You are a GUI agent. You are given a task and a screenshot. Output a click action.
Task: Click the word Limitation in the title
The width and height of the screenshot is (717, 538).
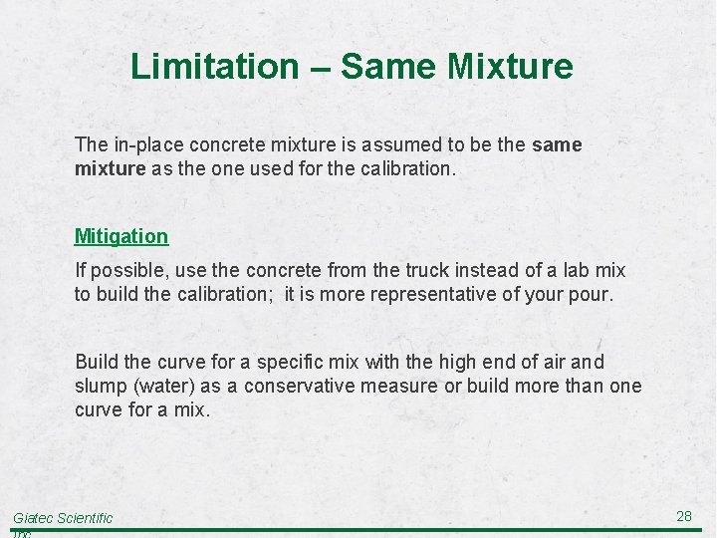tap(214, 67)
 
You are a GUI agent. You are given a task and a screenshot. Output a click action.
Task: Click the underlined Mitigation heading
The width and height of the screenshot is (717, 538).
tap(121, 236)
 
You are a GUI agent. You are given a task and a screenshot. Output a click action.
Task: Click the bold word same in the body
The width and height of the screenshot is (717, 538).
tap(557, 144)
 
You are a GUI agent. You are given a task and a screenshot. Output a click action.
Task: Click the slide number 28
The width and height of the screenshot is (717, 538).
tap(684, 515)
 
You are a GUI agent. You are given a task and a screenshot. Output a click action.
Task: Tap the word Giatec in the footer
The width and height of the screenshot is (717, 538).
tap(33, 518)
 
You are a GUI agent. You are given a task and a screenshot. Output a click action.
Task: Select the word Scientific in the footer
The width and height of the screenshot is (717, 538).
tap(86, 518)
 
